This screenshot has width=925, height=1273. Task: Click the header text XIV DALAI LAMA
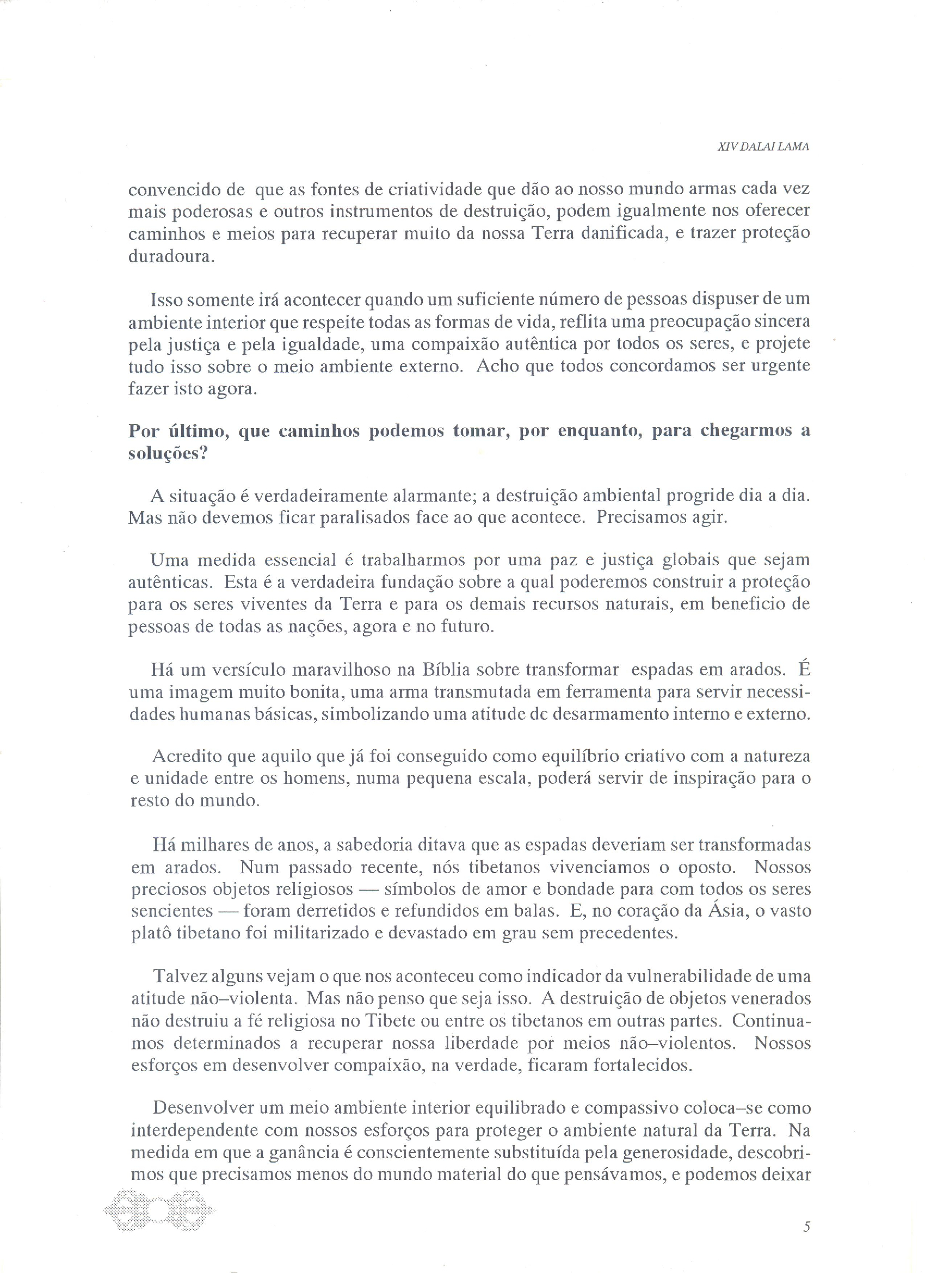click(x=763, y=147)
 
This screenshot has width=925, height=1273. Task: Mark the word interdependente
click(x=194, y=1130)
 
